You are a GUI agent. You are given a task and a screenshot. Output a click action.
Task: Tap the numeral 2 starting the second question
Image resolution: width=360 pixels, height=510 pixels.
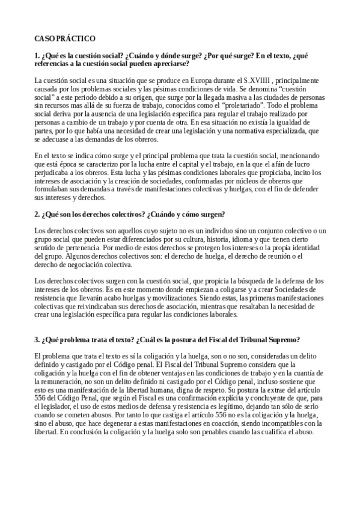tap(37, 214)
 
